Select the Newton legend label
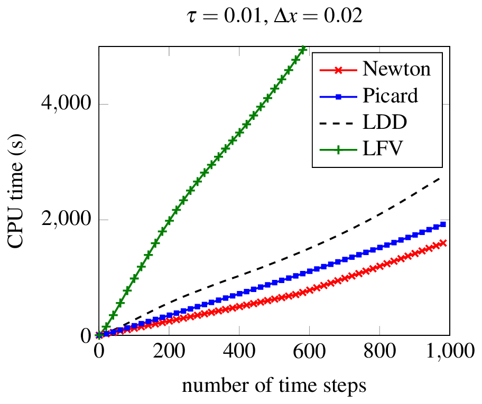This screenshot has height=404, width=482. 396,69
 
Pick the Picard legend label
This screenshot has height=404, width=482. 390,96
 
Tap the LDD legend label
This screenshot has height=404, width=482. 385,122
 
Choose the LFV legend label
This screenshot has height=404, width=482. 383,149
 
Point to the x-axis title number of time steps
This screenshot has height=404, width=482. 274,386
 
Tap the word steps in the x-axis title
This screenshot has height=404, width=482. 346,387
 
